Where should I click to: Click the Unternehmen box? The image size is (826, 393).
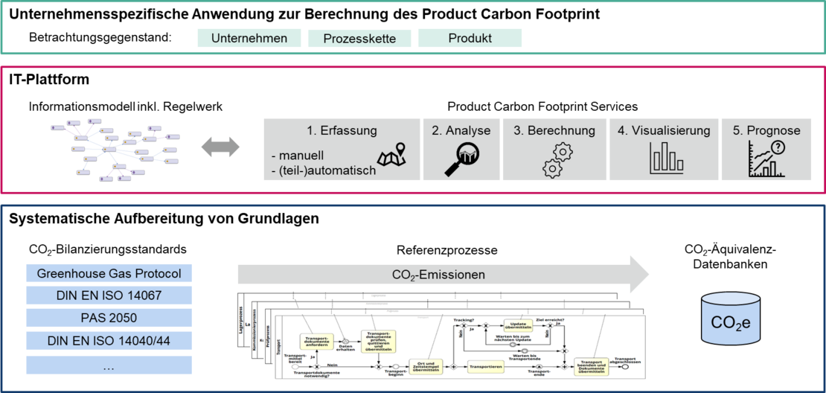(249, 38)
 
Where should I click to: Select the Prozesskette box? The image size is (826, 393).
(359, 38)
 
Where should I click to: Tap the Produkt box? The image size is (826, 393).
(470, 38)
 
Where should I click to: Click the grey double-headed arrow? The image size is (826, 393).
(221, 147)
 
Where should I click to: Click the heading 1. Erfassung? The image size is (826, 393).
(342, 131)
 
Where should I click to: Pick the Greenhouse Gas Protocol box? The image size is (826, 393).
(109, 273)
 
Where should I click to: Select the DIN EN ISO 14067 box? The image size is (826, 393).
(109, 296)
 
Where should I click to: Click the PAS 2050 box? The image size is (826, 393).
(109, 319)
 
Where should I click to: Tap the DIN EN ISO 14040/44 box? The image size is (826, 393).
(109, 342)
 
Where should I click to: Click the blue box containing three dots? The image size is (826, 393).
(109, 365)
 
